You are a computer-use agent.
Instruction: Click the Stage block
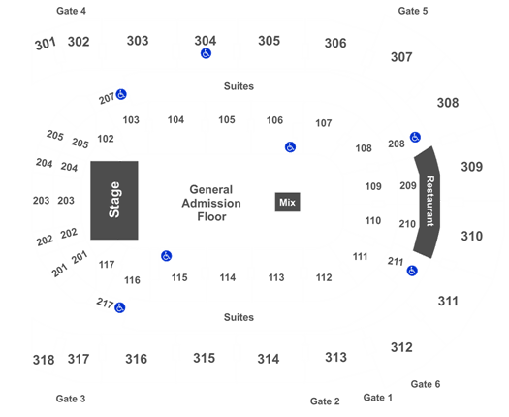[114, 200]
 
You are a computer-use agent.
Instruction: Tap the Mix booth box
[287, 202]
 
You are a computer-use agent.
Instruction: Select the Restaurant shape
[428, 202]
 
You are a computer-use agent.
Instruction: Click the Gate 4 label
[71, 11]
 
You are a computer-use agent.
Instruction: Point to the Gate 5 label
[413, 11]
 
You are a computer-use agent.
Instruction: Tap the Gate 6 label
[426, 384]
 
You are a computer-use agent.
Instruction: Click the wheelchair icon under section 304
[206, 53]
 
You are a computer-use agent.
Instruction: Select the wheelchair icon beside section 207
[121, 94]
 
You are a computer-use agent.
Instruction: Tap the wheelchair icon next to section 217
[120, 307]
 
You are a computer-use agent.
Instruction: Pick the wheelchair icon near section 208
[415, 137]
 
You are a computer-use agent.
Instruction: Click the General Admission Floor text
[211, 203]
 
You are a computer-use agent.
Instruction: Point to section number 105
[227, 120]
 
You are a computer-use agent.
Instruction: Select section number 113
[276, 277]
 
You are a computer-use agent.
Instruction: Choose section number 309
[471, 167]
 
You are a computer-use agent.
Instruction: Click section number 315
[205, 358]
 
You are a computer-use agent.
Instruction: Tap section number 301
[46, 44]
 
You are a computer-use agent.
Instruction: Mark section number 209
[408, 186]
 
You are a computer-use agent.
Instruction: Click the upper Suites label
[239, 86]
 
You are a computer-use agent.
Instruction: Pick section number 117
[107, 265]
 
